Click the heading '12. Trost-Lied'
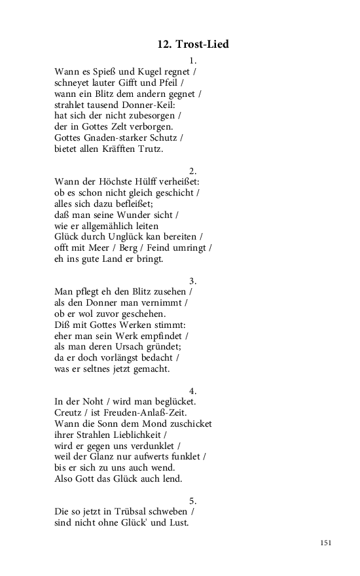(x=192, y=45)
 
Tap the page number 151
(x=327, y=543)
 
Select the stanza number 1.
(x=192, y=60)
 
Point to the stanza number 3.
(x=192, y=280)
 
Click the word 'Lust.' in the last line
(x=177, y=522)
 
